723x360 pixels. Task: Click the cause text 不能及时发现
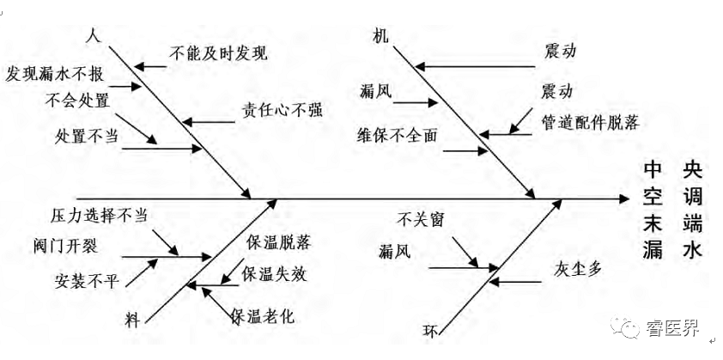tap(220, 52)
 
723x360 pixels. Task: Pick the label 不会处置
tap(78, 101)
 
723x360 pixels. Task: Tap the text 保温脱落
tap(276, 241)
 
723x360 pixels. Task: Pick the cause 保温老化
tap(263, 315)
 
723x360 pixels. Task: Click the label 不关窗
tap(421, 219)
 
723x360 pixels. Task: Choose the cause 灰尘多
tap(579, 268)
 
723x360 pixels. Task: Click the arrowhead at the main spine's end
tap(626, 198)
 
